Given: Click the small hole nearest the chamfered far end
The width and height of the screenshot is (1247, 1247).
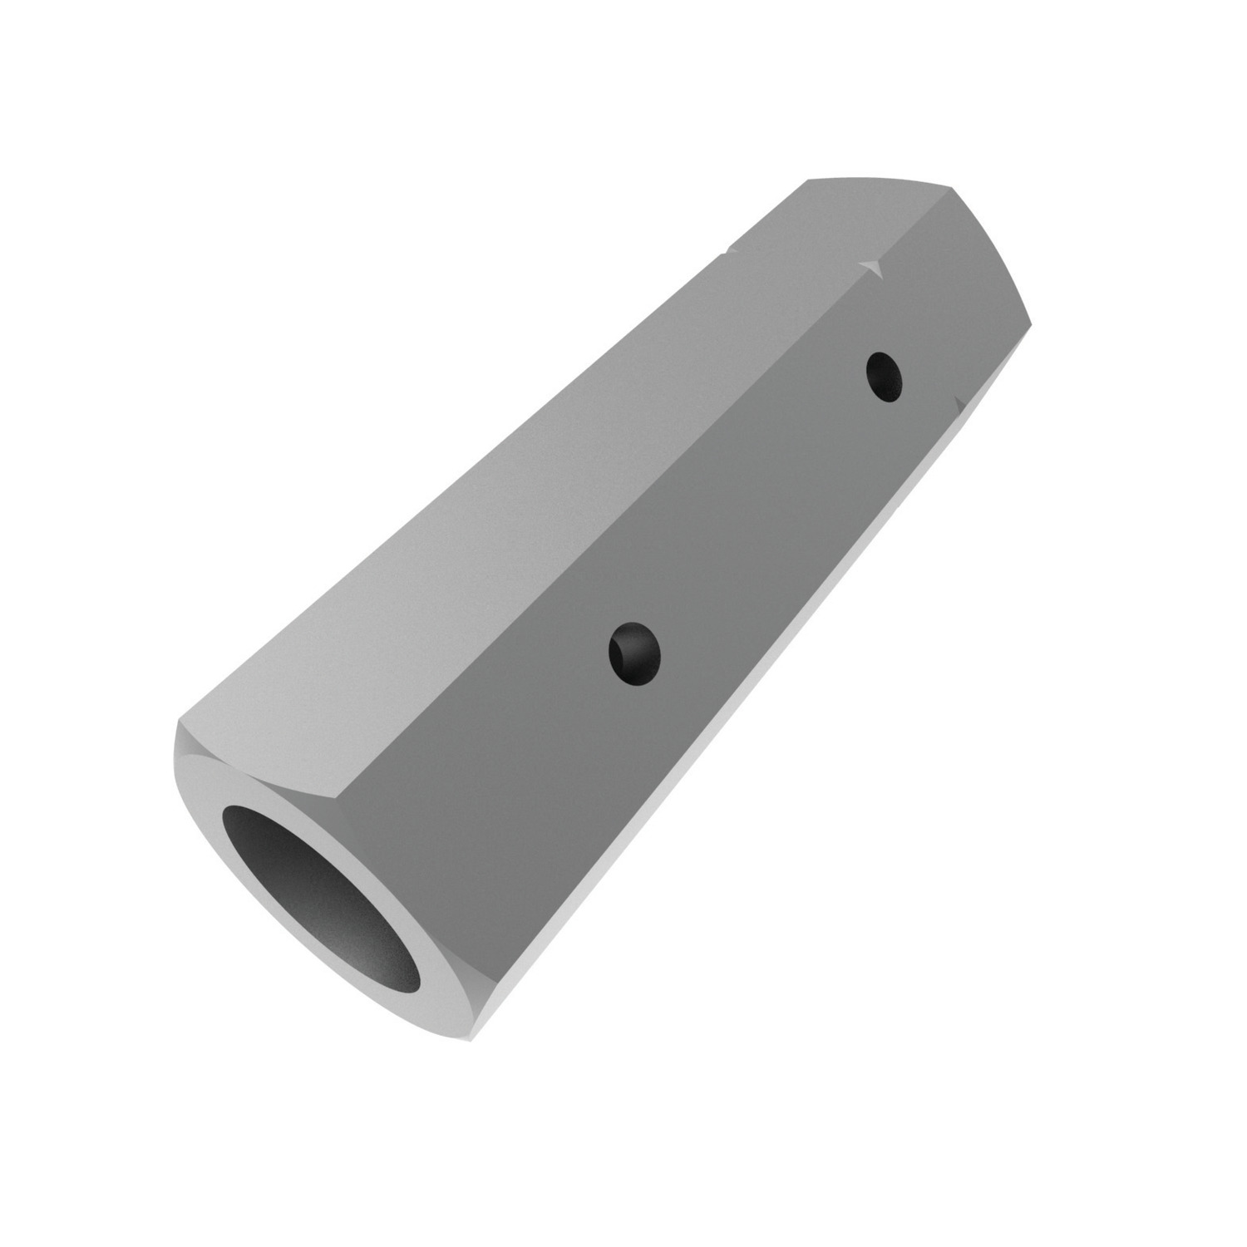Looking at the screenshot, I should tap(883, 377).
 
